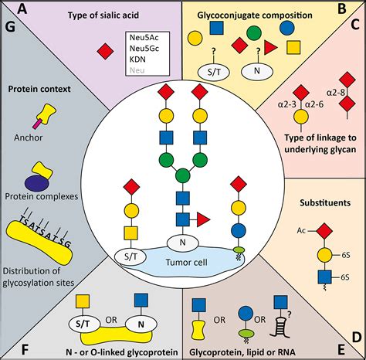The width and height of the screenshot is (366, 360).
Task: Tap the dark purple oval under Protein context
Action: click(x=36, y=182)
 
